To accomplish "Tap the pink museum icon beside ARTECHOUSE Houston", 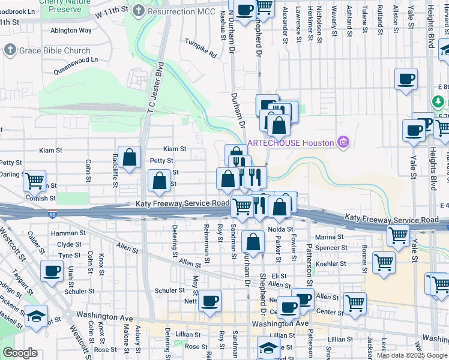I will tap(343, 142).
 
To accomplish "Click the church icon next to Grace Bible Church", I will tap(10, 50).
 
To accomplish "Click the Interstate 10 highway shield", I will tap(53, 214).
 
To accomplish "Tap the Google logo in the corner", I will tap(19, 353).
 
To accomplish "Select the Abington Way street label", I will tap(71, 30).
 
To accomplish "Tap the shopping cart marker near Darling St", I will tap(35, 179).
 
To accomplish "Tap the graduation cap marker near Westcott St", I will tap(36, 314).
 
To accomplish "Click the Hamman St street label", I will tap(65, 233).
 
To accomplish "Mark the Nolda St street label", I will tap(281, 229).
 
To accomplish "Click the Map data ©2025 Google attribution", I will tap(412, 355).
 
